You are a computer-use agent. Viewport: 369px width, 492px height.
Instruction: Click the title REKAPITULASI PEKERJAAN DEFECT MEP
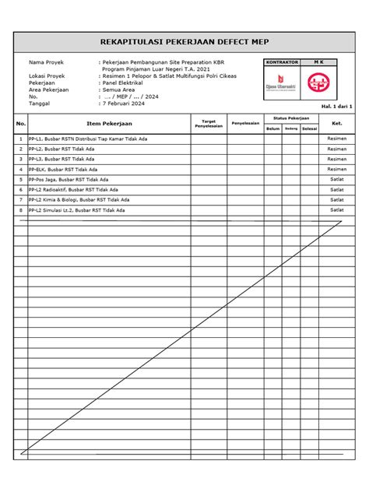184,40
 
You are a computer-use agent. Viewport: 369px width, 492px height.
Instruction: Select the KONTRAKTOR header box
281,61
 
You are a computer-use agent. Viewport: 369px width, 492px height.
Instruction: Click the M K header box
320,61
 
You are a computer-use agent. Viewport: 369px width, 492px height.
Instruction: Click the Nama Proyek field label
46,61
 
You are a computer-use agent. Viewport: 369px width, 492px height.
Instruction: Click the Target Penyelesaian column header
208,123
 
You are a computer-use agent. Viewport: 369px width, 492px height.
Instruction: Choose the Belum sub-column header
272,128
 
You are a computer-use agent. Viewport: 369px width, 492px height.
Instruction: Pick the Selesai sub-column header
309,128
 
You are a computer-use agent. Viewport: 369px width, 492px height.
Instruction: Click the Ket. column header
337,123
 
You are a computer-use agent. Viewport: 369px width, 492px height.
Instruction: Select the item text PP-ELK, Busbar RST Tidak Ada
63,169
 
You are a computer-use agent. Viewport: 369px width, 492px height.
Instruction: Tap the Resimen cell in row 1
337,139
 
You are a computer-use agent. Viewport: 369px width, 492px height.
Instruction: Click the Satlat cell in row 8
337,209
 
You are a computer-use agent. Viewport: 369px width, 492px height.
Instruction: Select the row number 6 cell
21,189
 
